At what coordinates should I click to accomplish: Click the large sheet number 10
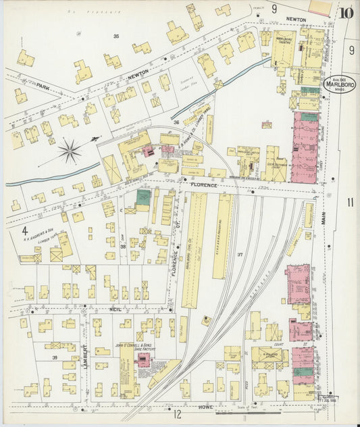[x=346, y=12]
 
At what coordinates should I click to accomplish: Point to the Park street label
[x=44, y=86]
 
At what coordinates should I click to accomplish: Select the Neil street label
[x=115, y=309]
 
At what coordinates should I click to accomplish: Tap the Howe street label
[x=206, y=407]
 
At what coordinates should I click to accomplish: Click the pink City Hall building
[x=297, y=284]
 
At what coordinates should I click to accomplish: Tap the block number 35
[x=116, y=36]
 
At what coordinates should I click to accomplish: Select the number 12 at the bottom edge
[x=178, y=414]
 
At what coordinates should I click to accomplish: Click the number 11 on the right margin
[x=350, y=202]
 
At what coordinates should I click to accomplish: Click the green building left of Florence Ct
[x=143, y=197]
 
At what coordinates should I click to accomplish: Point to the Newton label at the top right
[x=294, y=20]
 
